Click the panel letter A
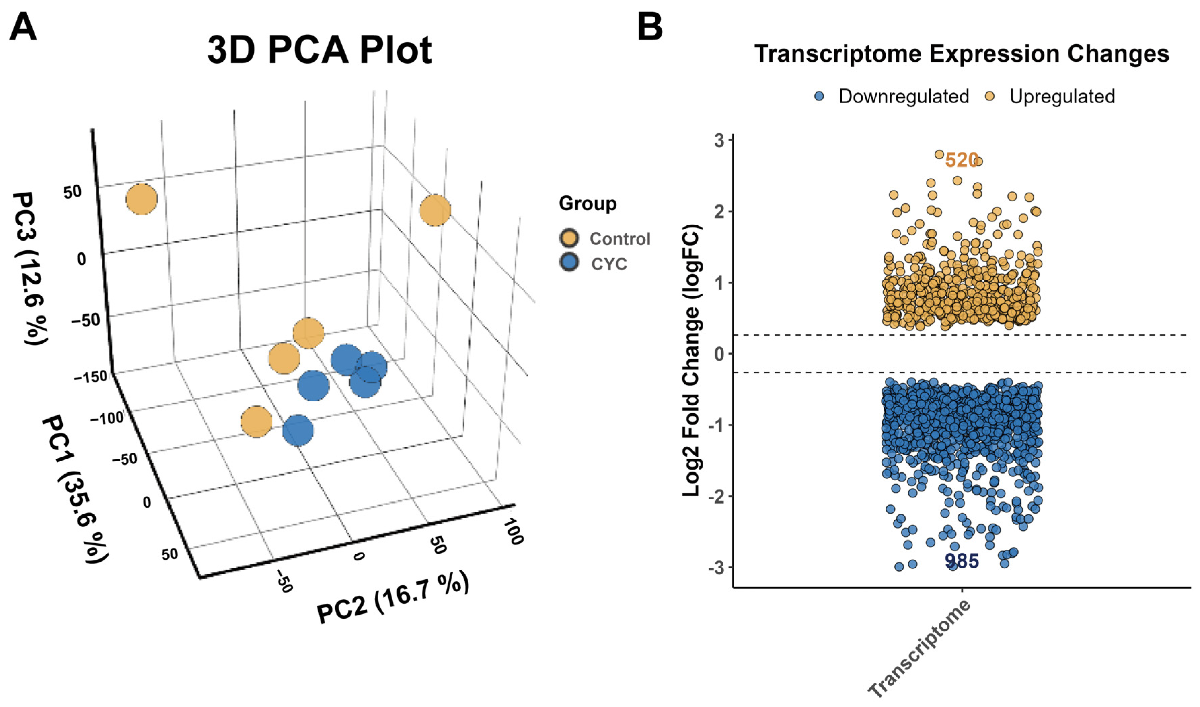(23, 28)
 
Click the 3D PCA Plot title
(319, 50)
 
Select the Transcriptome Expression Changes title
(961, 53)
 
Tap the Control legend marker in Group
(569, 238)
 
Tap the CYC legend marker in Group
(569, 262)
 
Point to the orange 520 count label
(961, 160)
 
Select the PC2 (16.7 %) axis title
(393, 597)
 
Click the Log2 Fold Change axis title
(692, 361)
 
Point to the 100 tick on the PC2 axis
(514, 532)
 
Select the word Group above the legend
(587, 203)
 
